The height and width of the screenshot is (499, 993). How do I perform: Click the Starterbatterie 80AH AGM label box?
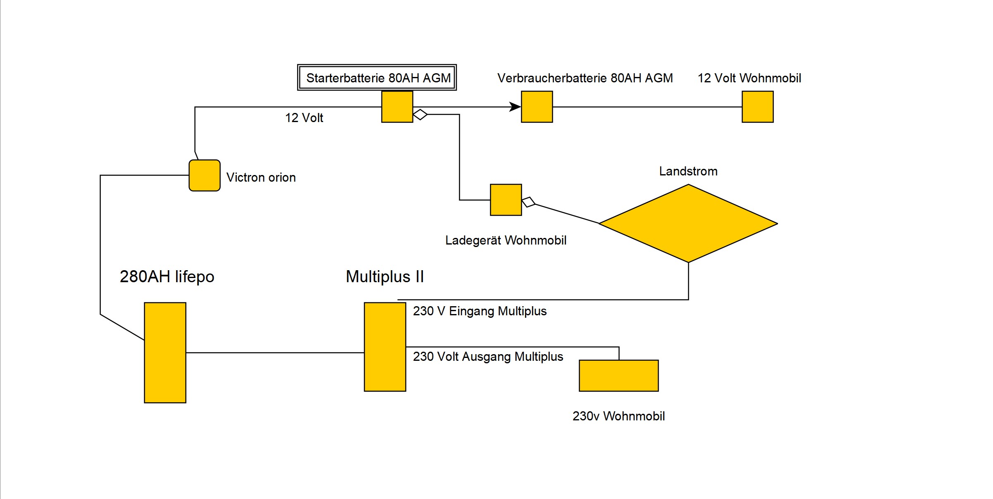[x=377, y=78]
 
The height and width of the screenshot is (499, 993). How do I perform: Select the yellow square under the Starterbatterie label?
[x=397, y=107]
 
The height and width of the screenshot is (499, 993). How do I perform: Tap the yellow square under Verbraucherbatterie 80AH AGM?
[x=537, y=107]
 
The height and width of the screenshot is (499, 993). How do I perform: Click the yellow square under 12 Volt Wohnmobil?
[x=757, y=107]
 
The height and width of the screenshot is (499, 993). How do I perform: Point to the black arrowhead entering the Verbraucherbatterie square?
[x=515, y=107]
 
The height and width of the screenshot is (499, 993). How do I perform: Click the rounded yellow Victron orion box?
[x=205, y=175]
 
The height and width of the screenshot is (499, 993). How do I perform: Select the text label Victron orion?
[x=261, y=178]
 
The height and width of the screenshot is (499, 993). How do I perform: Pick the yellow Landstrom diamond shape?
[x=688, y=223]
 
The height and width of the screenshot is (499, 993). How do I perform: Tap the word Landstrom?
[x=688, y=171]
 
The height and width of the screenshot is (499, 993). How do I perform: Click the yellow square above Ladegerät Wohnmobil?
[x=506, y=200]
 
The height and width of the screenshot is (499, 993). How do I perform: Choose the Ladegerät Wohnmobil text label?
[x=506, y=240]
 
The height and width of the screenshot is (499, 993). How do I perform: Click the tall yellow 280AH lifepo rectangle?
[x=165, y=353]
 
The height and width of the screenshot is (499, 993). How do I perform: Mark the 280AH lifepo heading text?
[x=167, y=276]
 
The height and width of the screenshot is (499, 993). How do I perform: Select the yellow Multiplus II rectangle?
[x=385, y=347]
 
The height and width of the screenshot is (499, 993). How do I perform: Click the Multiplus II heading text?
[x=385, y=276]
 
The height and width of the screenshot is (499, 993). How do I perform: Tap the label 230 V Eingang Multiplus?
[x=480, y=311]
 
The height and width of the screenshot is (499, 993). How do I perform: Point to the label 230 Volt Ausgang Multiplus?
[x=488, y=357]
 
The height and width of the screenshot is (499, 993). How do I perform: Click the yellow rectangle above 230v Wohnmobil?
[x=618, y=376]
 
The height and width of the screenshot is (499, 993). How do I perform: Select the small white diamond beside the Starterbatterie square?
[x=420, y=114]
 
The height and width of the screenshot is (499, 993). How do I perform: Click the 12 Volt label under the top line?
[x=304, y=118]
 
